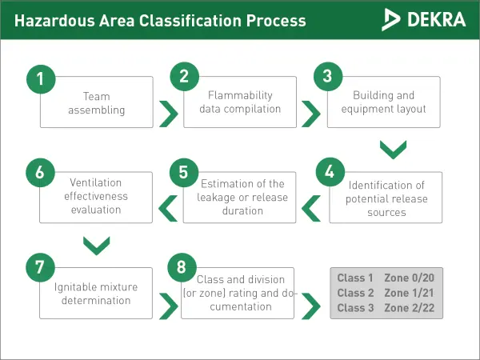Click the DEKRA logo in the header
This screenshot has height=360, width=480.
click(424, 18)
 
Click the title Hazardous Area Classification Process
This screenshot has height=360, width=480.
click(160, 19)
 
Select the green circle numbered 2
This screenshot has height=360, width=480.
click(184, 77)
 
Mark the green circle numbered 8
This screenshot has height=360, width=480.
click(183, 267)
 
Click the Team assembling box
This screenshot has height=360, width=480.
click(97, 103)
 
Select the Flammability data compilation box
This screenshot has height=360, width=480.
click(241, 102)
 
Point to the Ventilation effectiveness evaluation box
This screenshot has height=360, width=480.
click(97, 198)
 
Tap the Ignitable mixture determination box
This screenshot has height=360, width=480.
click(97, 294)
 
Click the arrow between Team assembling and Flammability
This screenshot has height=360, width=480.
click(168, 114)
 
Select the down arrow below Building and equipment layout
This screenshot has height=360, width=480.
click(393, 150)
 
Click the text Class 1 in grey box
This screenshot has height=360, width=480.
click(355, 278)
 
